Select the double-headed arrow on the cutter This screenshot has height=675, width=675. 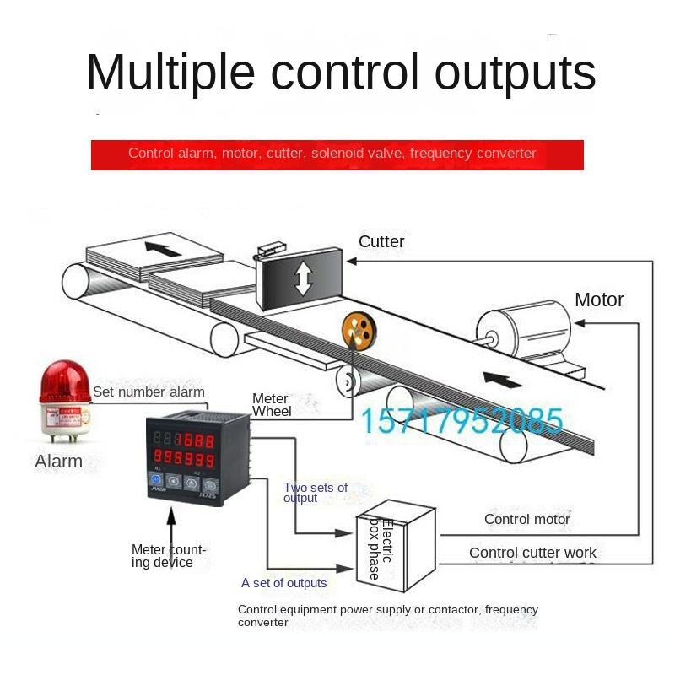(303, 279)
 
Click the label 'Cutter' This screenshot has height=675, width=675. (381, 242)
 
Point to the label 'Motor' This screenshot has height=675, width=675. (599, 300)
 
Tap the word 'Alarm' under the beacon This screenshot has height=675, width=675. (58, 462)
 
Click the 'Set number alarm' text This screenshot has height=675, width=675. (148, 391)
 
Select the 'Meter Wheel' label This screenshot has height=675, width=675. (272, 405)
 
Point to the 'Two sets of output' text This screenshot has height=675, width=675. (316, 493)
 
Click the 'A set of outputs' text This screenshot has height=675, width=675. (283, 583)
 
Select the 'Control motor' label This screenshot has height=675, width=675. (527, 519)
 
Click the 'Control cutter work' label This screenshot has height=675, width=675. (532, 553)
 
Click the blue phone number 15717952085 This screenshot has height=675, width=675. (462, 419)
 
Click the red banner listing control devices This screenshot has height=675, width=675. (337, 154)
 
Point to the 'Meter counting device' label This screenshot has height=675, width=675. (169, 556)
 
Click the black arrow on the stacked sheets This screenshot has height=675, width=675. (163, 249)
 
